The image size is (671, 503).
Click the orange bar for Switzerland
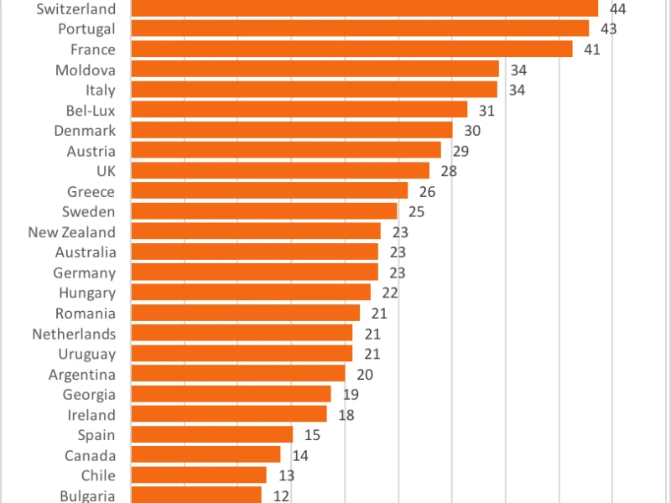point(365,8)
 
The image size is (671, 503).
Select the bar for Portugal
point(360,29)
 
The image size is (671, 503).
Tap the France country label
point(93,49)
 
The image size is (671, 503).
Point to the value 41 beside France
point(592,49)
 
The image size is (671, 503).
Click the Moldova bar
point(315,69)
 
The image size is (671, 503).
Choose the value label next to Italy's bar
point(517,90)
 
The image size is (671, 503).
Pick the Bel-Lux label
point(91,111)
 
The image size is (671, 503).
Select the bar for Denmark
point(292,130)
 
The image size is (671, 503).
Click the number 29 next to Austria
point(460,151)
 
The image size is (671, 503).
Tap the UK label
point(107,171)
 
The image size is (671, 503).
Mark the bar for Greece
point(269,191)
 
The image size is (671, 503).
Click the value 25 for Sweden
point(416,212)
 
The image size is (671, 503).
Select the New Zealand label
point(72,232)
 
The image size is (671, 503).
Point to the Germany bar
point(255,272)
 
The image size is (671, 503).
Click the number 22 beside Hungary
point(390,293)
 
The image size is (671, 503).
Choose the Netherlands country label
point(74,334)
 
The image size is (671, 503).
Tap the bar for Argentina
point(238,373)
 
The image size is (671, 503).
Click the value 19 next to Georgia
point(351,394)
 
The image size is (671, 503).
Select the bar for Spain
point(212,434)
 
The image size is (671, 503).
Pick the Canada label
point(91,455)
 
